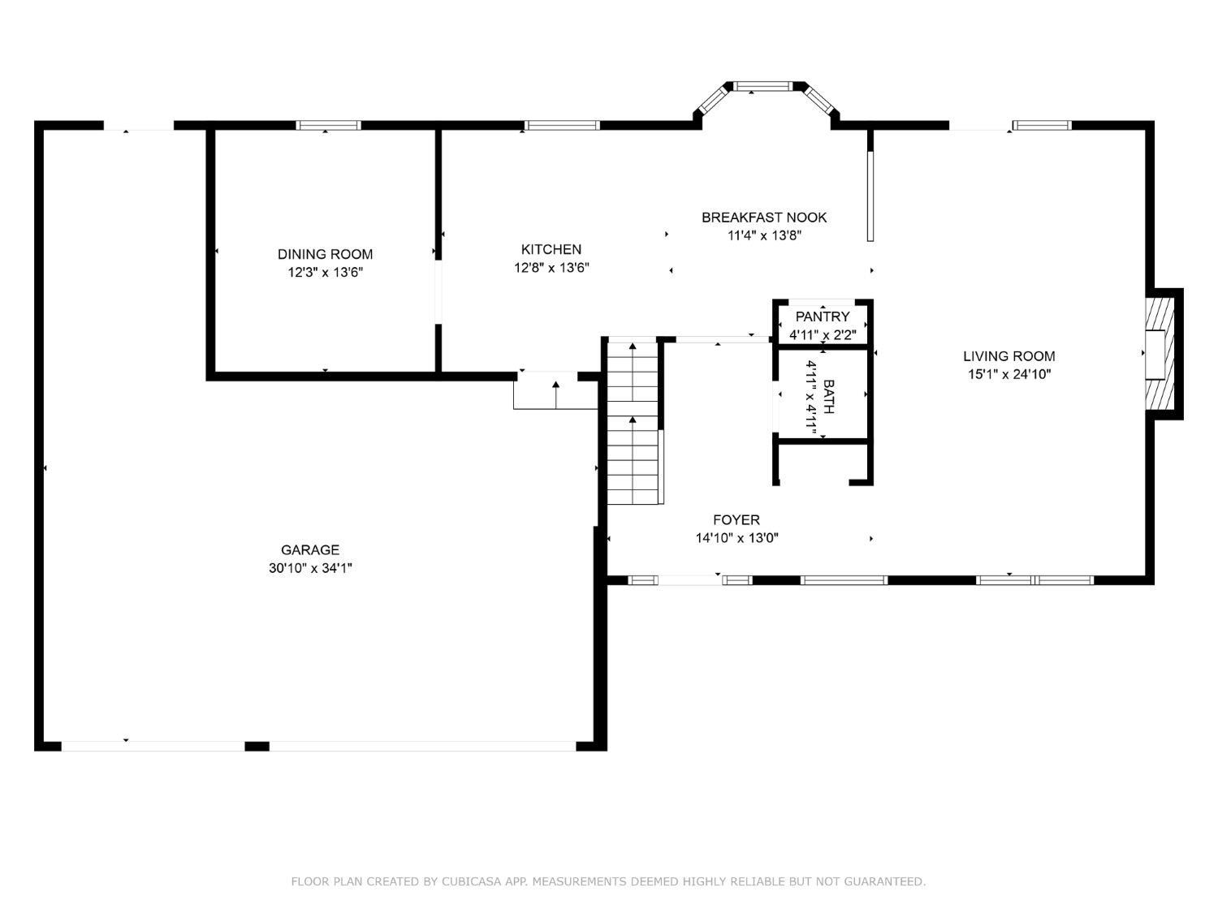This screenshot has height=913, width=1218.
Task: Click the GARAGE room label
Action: (310, 549)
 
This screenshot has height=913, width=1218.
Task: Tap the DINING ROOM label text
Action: (325, 254)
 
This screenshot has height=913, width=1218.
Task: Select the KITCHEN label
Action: (551, 249)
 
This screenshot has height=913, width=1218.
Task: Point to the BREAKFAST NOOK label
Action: (764, 217)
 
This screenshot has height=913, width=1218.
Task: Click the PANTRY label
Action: (823, 317)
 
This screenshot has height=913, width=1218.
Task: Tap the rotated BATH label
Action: (828, 397)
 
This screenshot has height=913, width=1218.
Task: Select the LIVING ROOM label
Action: (1009, 355)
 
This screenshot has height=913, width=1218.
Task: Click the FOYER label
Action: (736, 519)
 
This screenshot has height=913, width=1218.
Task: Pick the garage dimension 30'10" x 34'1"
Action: (310, 568)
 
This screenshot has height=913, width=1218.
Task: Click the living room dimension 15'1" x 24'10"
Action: (1009, 374)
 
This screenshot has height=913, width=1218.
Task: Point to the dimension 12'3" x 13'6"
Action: (325, 273)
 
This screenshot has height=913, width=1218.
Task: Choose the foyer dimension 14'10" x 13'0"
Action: (736, 538)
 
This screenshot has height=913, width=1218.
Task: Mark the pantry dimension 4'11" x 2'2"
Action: (823, 334)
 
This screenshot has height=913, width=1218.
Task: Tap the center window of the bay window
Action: (763, 86)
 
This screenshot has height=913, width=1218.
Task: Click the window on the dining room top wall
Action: (328, 125)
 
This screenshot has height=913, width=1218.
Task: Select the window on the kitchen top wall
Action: (562, 125)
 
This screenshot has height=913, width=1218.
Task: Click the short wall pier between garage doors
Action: (257, 746)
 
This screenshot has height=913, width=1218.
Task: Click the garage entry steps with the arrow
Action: (555, 392)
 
